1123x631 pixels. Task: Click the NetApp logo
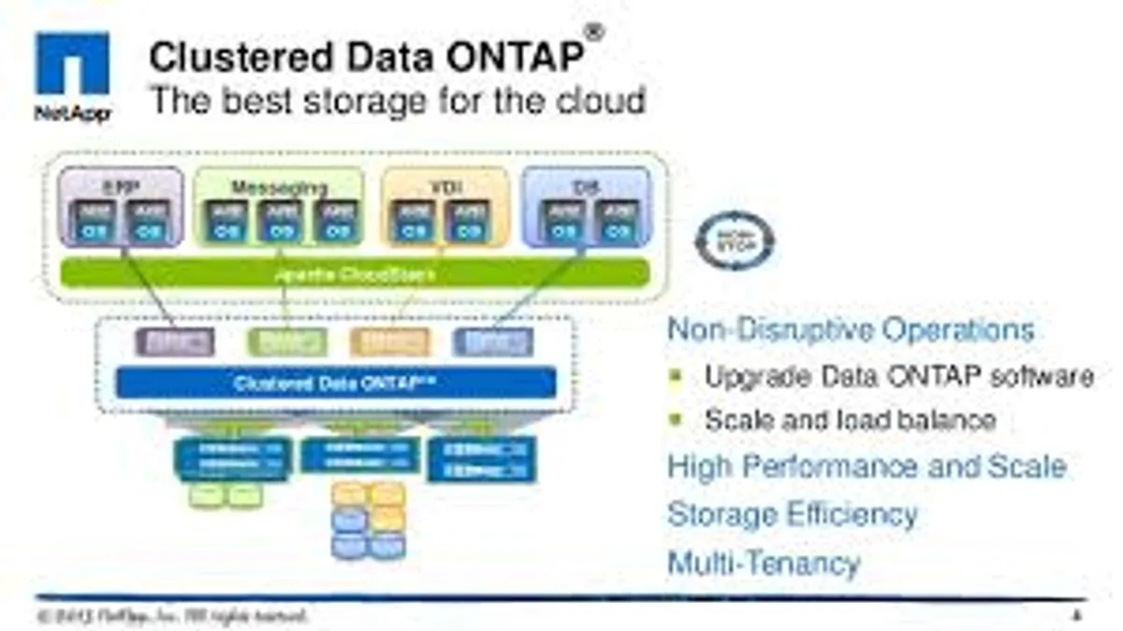[x=72, y=75]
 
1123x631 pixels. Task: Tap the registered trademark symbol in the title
[x=594, y=33]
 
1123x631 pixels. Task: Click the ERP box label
[x=121, y=186]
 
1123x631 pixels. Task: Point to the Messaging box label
[x=279, y=187]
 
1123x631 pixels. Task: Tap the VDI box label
[x=440, y=186]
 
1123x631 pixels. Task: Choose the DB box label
[x=583, y=187]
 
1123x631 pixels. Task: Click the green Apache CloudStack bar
[x=355, y=274]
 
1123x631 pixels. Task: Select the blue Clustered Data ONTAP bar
[x=336, y=383]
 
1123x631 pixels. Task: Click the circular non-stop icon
[x=735, y=242]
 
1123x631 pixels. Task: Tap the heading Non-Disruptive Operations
[x=851, y=330]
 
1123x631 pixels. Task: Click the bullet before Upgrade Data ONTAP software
[x=678, y=376]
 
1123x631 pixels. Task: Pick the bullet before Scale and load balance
[x=678, y=420]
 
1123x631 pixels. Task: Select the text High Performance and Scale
[x=867, y=466]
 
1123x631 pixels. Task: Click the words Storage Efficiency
[x=792, y=514]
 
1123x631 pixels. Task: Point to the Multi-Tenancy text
[x=763, y=564]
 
